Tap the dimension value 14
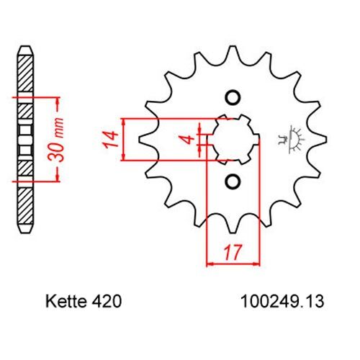point(110,139)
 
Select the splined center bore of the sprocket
point(233,139)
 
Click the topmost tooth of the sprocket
point(232,52)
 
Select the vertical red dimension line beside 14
point(126,139)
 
